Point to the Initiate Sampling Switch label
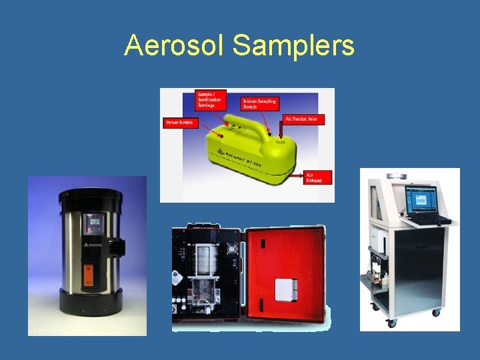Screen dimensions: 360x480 pyautogui.click(x=259, y=104)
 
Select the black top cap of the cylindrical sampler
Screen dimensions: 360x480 pyautogui.click(x=91, y=196)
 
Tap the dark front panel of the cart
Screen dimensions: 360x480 pyautogui.click(x=418, y=267)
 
